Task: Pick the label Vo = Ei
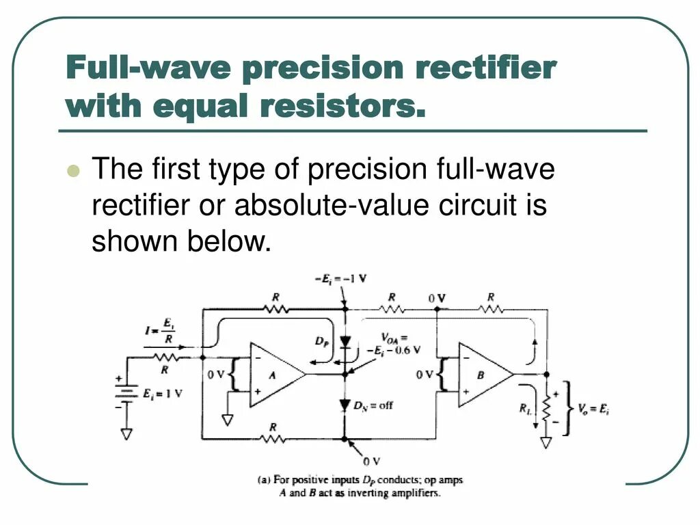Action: (x=591, y=408)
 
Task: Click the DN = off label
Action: (x=373, y=405)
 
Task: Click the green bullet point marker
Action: (x=75, y=170)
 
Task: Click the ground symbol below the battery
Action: (x=126, y=433)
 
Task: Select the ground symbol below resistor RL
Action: (x=546, y=443)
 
